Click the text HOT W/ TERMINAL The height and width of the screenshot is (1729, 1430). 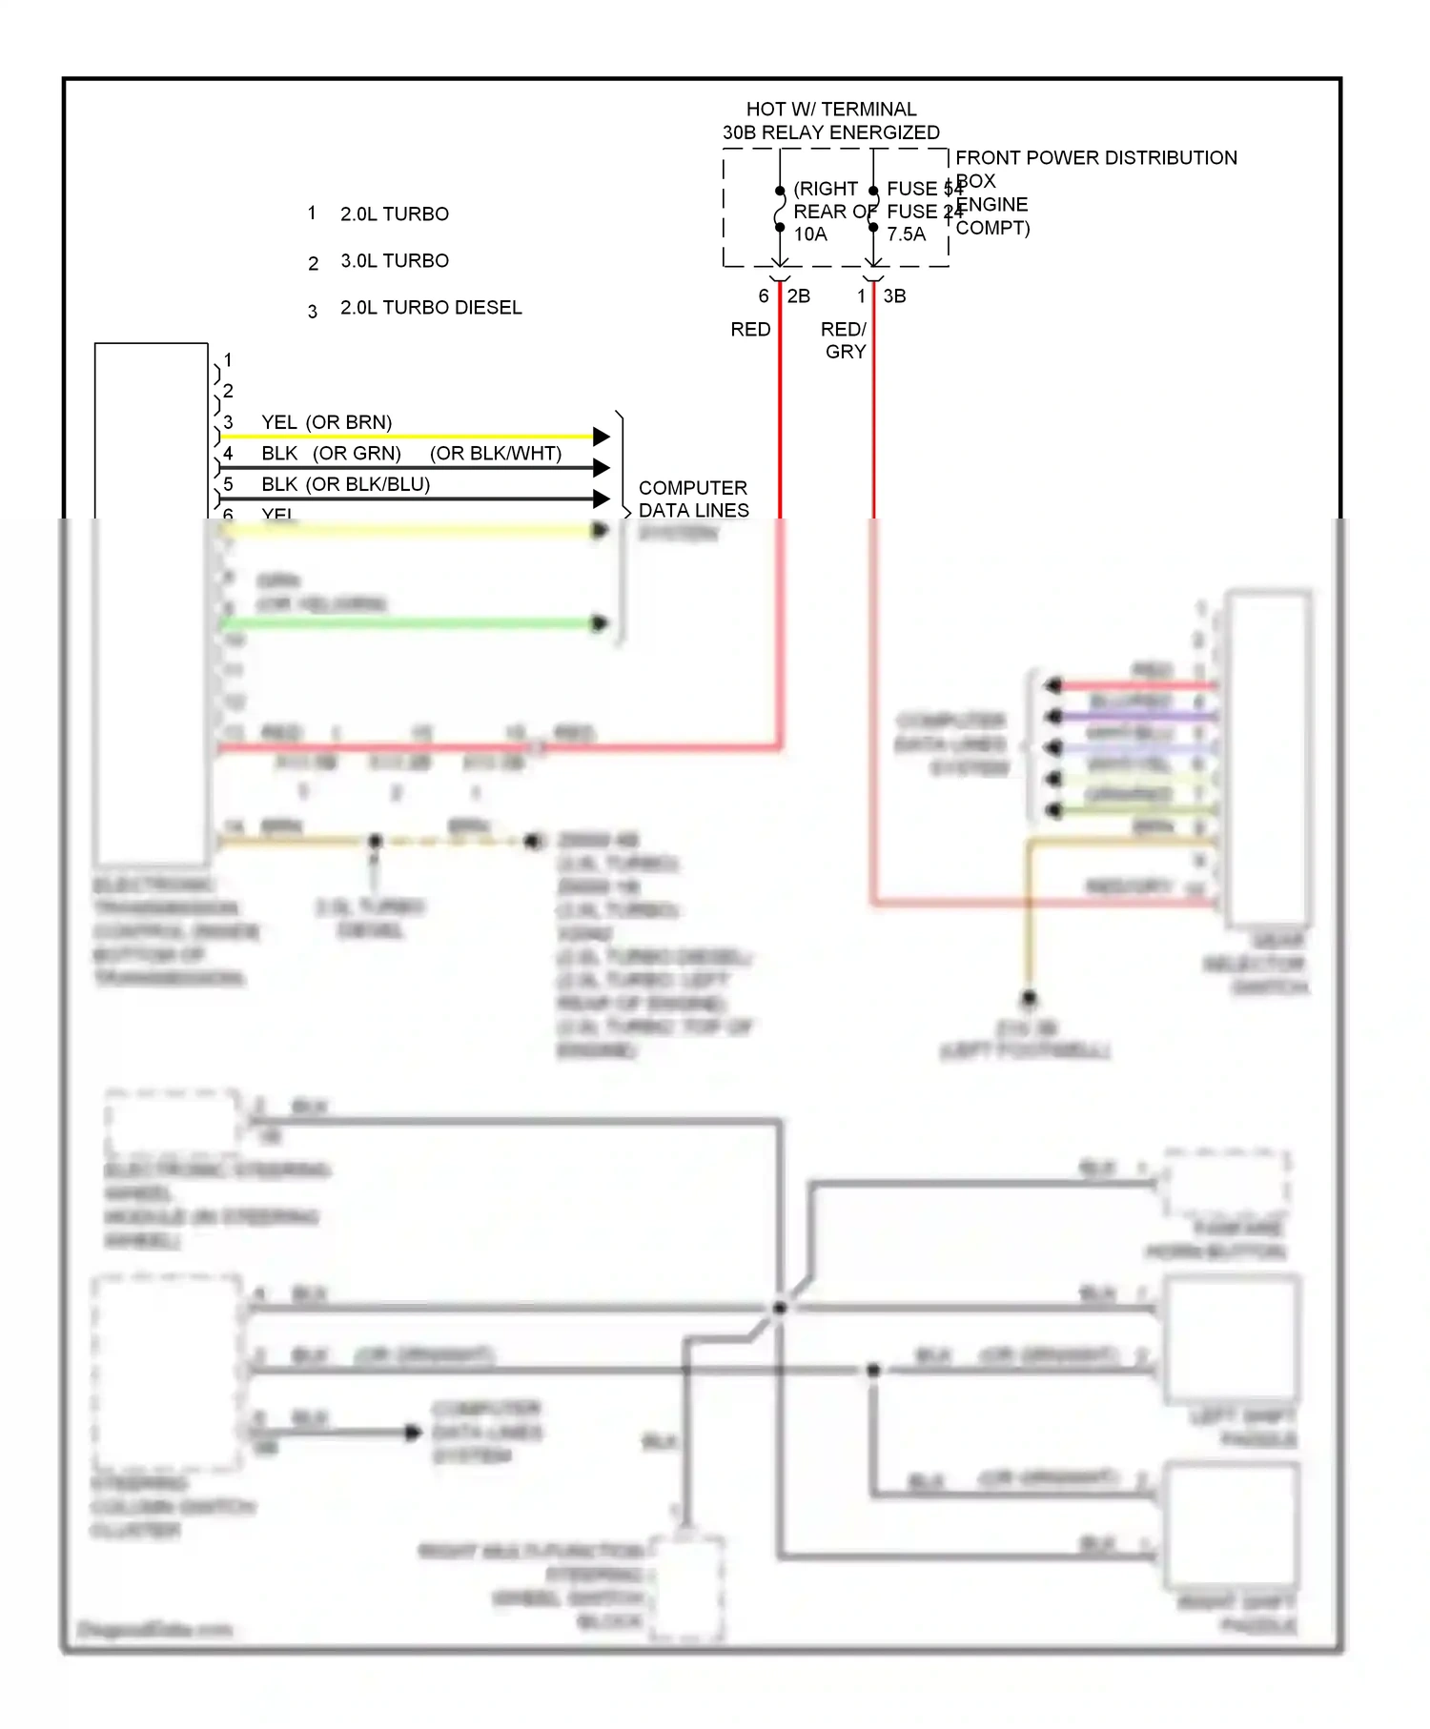click(x=830, y=109)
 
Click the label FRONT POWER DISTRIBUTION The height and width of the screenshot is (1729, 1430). click(x=1095, y=157)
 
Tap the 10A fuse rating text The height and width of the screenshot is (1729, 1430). click(x=810, y=234)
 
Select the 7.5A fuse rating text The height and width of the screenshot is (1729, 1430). click(x=906, y=234)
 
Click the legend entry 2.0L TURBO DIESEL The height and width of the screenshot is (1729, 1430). click(x=431, y=308)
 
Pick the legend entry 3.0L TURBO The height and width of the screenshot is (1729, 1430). click(x=395, y=261)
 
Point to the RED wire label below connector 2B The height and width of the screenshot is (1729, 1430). click(x=750, y=330)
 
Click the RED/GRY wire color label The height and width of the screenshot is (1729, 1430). click(x=845, y=340)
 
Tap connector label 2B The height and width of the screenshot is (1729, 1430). click(x=799, y=296)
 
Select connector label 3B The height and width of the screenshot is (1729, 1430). click(x=894, y=296)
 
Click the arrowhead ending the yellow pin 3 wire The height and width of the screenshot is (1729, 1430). click(x=602, y=437)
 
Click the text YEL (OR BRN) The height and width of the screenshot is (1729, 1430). click(x=327, y=422)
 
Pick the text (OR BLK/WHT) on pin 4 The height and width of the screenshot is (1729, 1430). click(x=496, y=454)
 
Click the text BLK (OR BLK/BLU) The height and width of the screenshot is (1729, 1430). click(x=346, y=484)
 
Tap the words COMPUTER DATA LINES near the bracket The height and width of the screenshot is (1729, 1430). click(x=693, y=499)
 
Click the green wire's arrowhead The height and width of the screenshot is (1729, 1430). click(x=600, y=624)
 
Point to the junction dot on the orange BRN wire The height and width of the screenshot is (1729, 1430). click(x=376, y=841)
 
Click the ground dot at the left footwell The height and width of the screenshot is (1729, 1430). click(x=1029, y=999)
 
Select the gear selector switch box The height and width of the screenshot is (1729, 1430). click(x=1269, y=758)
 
